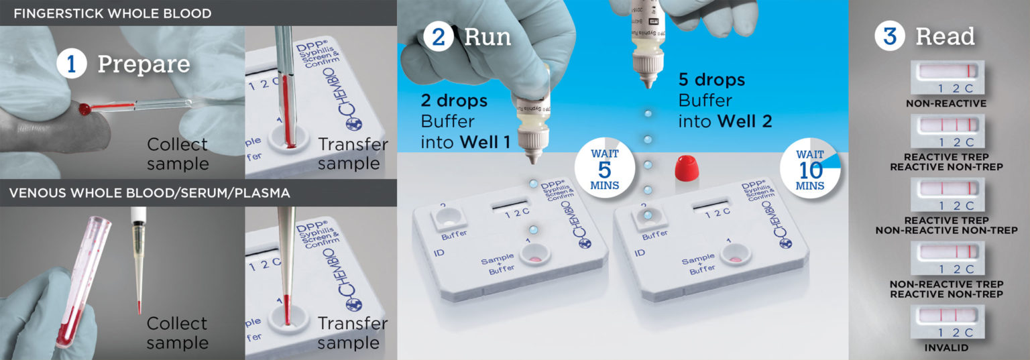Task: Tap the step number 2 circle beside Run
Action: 438,36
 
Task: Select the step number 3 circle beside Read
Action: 889,36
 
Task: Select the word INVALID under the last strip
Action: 946,348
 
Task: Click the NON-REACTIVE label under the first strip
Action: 946,104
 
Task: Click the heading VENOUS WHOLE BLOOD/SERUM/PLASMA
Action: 150,193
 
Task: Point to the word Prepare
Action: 144,64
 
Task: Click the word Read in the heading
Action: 945,36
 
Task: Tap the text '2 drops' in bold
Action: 454,102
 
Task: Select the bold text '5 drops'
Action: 711,80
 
